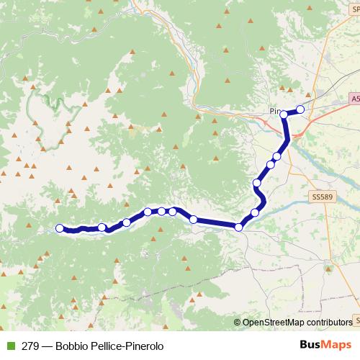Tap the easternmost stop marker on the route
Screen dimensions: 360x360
click(300, 109)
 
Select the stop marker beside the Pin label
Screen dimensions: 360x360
click(284, 114)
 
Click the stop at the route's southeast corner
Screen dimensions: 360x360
click(239, 228)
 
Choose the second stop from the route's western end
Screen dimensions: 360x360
click(102, 228)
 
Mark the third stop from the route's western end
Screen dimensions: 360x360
click(127, 222)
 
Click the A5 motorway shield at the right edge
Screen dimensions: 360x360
click(356, 98)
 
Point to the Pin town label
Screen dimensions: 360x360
click(273, 112)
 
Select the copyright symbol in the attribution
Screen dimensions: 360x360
click(238, 322)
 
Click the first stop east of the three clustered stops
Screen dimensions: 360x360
click(193, 219)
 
